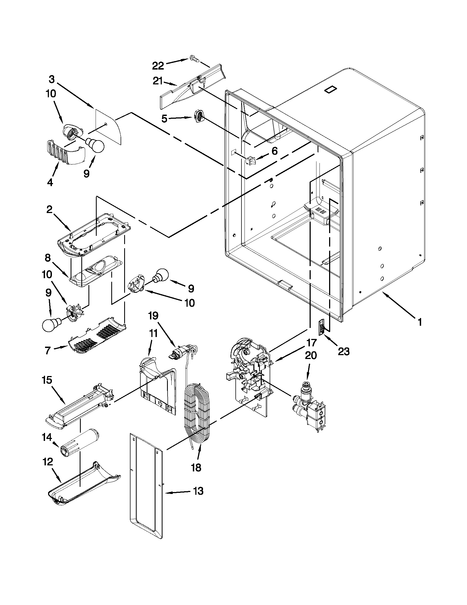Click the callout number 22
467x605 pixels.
click(158, 66)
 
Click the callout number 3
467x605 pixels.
click(52, 79)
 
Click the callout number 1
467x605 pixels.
click(420, 322)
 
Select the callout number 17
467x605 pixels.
click(311, 343)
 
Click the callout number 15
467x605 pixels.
click(47, 380)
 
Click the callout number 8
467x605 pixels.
click(48, 258)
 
